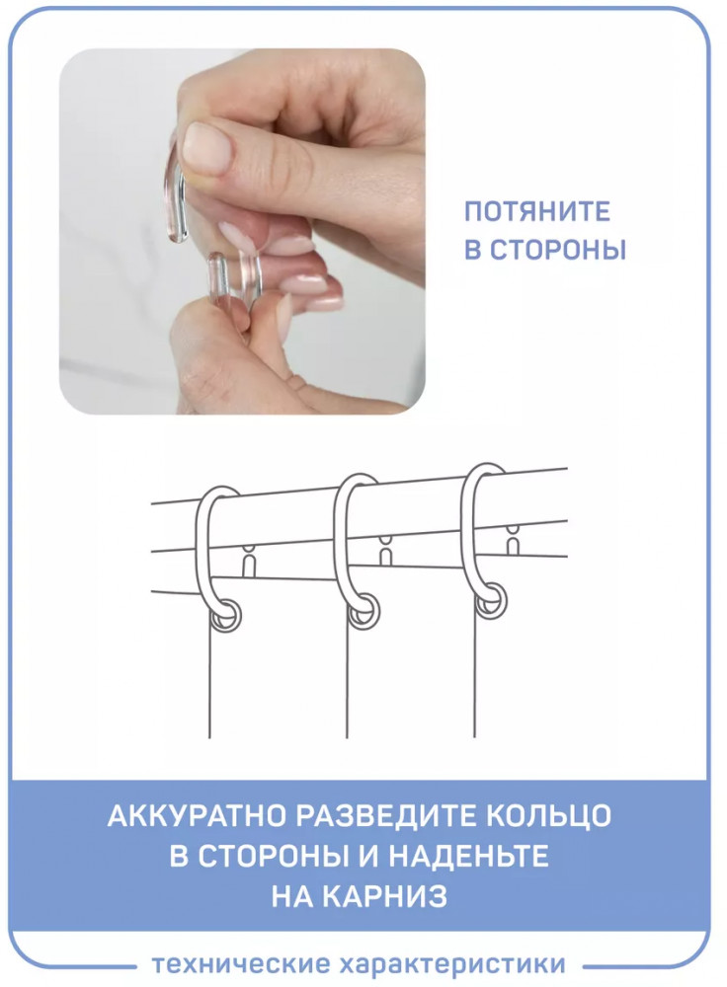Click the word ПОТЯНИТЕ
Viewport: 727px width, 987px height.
click(x=536, y=211)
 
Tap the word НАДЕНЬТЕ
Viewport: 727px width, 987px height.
click(x=467, y=856)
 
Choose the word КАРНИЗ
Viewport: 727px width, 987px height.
click(x=388, y=896)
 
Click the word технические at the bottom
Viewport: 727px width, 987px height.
click(x=241, y=963)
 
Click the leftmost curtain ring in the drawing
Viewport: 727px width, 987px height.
click(x=202, y=554)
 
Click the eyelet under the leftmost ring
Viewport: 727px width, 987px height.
click(x=225, y=616)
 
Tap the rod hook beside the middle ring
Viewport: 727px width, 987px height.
click(x=385, y=549)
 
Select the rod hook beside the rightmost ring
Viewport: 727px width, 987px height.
click(x=514, y=540)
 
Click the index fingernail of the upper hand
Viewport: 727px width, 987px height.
click(x=206, y=147)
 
